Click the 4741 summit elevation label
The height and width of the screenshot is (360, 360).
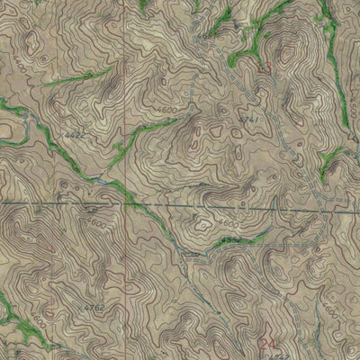click(x=251, y=120)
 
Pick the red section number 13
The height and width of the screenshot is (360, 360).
click(x=264, y=67)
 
